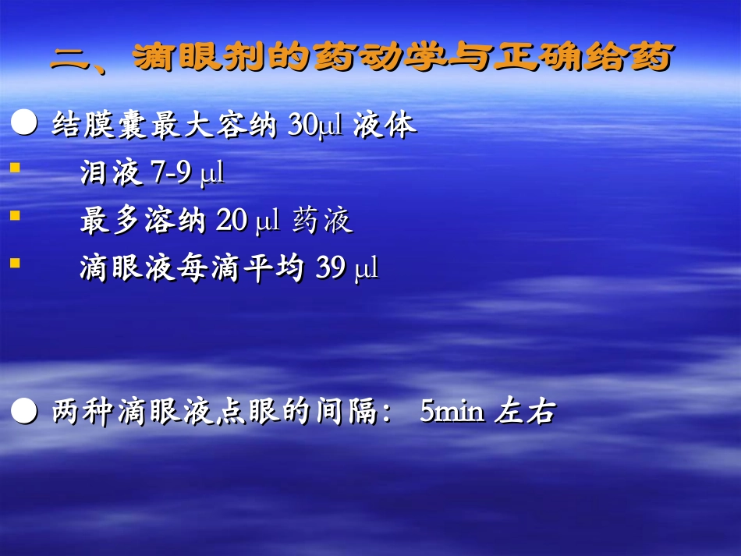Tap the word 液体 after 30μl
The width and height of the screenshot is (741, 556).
384,126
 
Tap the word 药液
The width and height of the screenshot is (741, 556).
323,221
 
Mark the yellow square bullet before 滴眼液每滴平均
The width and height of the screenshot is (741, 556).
15,264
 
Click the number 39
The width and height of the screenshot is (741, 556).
331,269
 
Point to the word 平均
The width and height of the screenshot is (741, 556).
275,269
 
